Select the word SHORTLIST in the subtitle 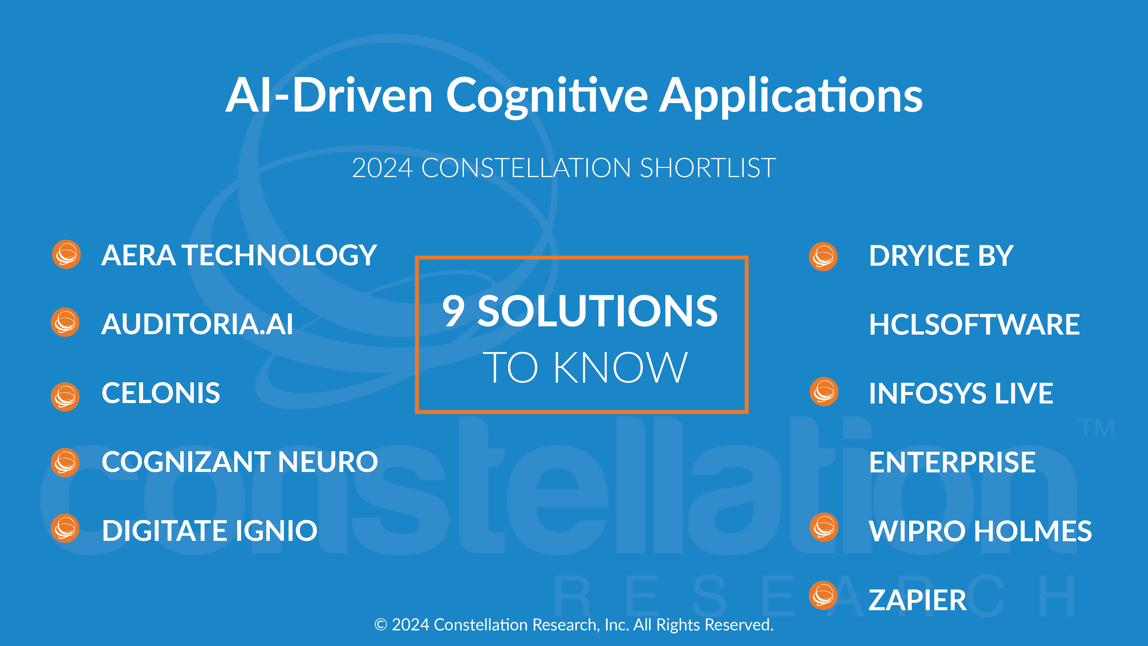[x=708, y=168]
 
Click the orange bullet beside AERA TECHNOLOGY [x=66, y=255]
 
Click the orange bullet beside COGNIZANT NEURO [x=65, y=462]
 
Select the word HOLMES [x=1033, y=531]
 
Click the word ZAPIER [x=918, y=600]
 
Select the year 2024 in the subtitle [x=382, y=168]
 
